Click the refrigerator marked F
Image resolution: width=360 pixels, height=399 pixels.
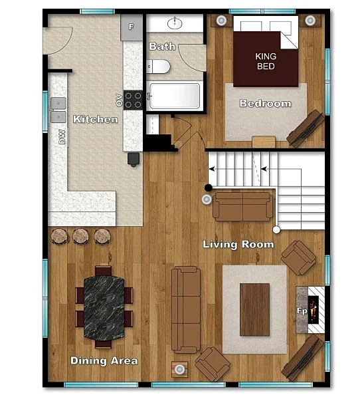tap(132, 27)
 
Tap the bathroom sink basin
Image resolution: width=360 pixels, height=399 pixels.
tap(175, 24)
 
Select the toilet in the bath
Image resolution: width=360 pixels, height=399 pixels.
tap(158, 66)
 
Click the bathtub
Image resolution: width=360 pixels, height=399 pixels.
tap(175, 96)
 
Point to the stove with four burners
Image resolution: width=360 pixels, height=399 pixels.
tap(133, 100)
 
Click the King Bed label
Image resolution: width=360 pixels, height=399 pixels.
tap(266, 61)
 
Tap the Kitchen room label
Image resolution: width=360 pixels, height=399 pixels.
tap(96, 119)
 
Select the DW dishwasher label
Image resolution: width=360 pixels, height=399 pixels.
tap(62, 137)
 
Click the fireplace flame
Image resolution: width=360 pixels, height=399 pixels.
tap(314, 310)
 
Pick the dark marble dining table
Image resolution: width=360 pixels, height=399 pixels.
tap(104, 308)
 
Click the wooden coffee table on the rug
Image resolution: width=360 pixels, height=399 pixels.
tap(255, 310)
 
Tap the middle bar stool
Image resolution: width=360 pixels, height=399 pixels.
tap(80, 236)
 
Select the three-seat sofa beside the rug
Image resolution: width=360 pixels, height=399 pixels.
tap(186, 310)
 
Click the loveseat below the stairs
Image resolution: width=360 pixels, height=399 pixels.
tap(243, 207)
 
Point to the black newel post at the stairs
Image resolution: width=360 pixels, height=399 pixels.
tap(209, 188)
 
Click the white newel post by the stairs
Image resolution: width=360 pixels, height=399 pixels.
tap(276, 230)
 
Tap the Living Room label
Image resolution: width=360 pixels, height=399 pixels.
tap(238, 244)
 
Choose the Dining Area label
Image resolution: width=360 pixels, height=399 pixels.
tap(104, 361)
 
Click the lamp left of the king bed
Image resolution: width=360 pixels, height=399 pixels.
tap(221, 20)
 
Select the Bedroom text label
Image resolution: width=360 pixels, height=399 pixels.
tap(266, 103)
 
